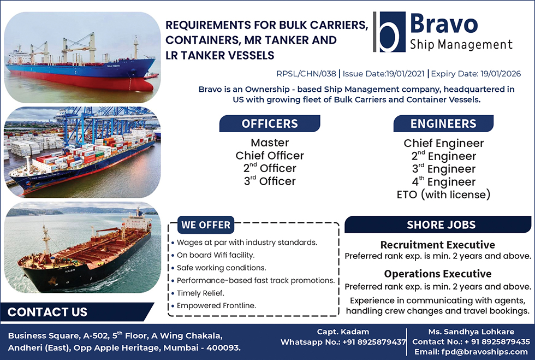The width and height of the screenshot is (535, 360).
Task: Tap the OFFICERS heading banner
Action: click(x=270, y=123)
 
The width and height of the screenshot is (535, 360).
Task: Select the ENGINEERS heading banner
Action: click(x=443, y=123)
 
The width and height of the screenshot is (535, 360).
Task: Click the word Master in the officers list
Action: click(x=270, y=143)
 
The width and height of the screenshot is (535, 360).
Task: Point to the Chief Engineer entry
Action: click(x=443, y=143)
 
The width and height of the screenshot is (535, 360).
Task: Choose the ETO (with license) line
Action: click(x=443, y=194)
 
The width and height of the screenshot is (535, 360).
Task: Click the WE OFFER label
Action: click(x=206, y=225)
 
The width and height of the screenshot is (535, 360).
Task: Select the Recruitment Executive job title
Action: click(x=438, y=245)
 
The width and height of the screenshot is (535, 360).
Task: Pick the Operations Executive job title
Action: click(x=438, y=274)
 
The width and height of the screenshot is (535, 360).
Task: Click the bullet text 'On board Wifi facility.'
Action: click(x=216, y=255)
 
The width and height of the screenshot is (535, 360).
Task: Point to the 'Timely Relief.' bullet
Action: click(x=201, y=293)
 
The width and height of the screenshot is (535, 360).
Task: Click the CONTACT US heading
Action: click(x=47, y=312)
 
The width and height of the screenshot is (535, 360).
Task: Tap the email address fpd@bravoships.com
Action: click(x=485, y=352)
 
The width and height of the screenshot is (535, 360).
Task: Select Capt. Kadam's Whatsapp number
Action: click(x=374, y=342)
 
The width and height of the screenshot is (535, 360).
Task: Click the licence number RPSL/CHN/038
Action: click(x=306, y=74)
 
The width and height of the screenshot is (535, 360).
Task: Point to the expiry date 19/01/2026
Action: click(x=501, y=74)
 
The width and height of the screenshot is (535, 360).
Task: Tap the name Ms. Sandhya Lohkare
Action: click(x=471, y=332)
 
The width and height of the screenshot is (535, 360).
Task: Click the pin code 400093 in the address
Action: click(x=223, y=347)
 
